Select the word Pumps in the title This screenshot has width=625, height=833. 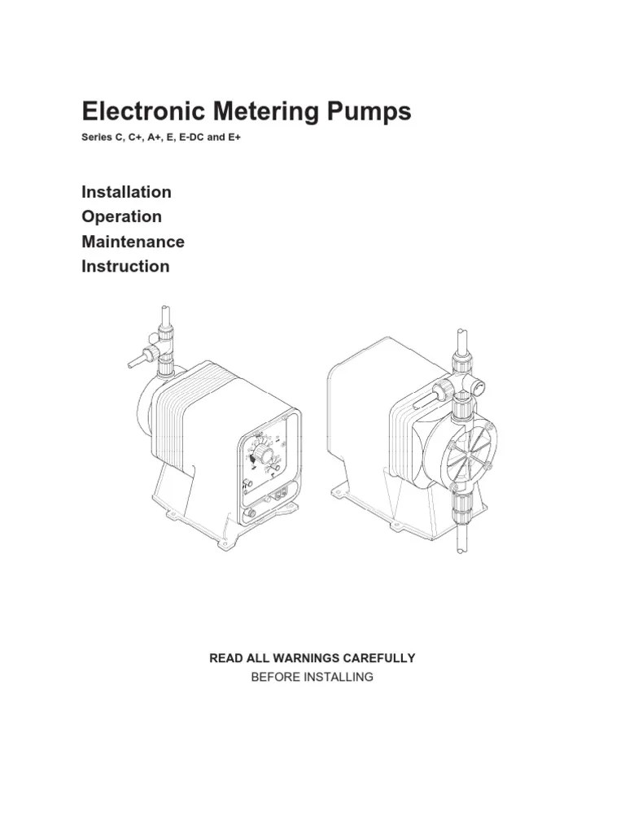(368, 111)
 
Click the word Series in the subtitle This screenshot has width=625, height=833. (97, 137)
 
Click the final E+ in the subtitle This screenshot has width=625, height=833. (234, 137)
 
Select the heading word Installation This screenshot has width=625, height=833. (126, 192)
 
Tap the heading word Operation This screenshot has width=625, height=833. (121, 216)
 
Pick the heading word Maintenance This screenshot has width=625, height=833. (133, 242)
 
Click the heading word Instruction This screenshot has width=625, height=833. (125, 266)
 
